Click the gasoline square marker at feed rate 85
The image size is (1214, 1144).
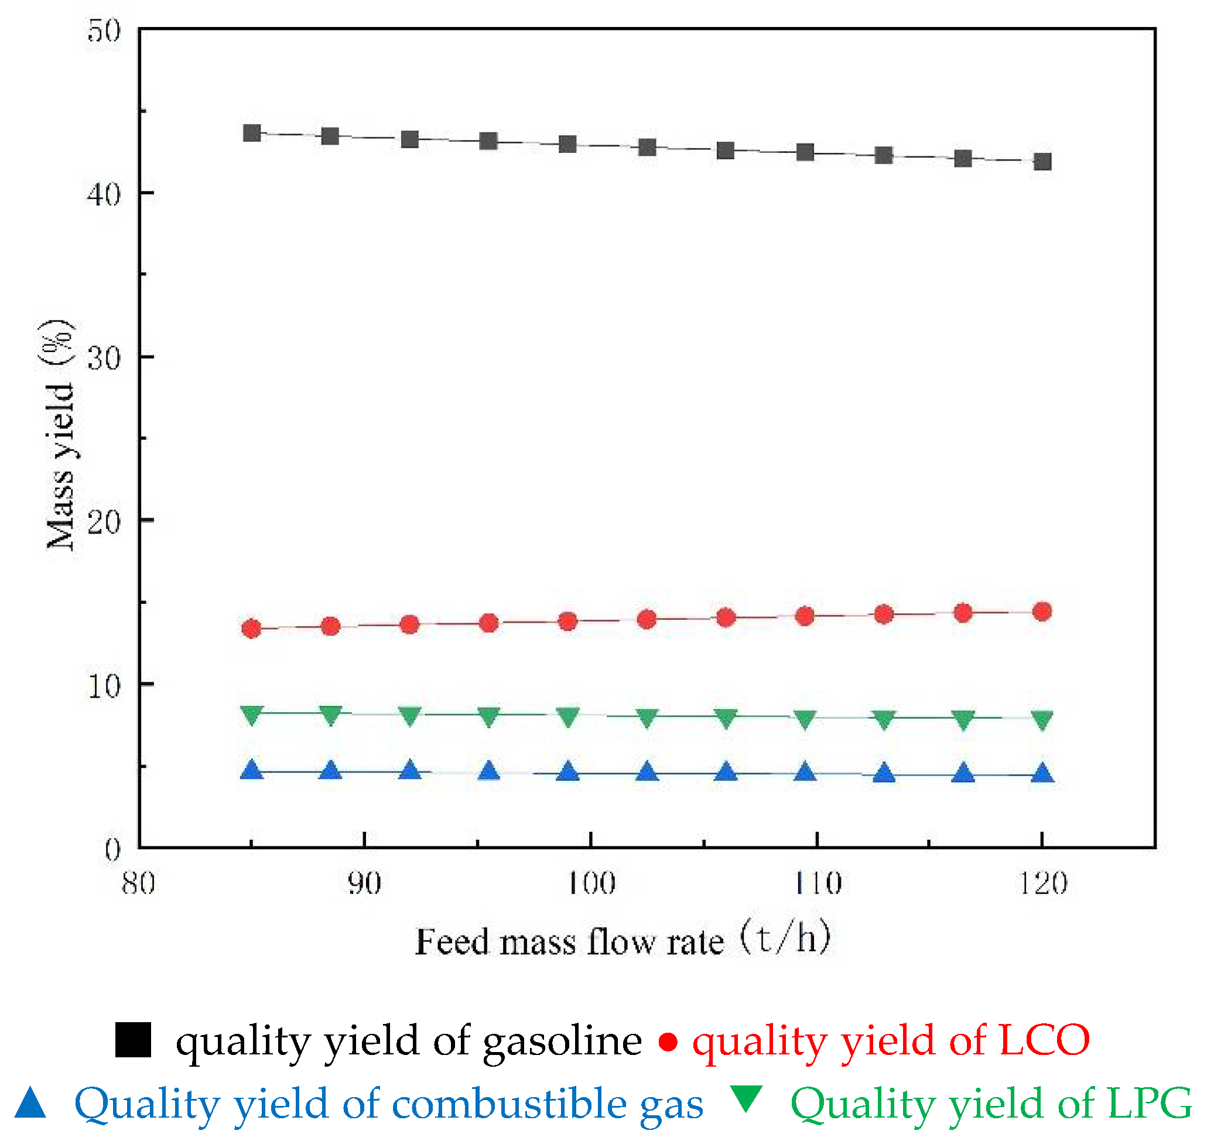coord(252,133)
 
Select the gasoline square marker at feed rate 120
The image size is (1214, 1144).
coord(1042,162)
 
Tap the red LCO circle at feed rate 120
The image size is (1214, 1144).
coord(1042,612)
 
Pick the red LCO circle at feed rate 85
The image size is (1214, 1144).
coord(252,629)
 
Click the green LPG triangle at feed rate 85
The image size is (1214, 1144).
coord(252,714)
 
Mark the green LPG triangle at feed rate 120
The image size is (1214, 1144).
coord(1042,719)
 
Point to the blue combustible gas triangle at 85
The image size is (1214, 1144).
coord(252,771)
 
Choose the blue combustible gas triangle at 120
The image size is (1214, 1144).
coord(1042,774)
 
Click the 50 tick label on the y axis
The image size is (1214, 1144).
coord(104,30)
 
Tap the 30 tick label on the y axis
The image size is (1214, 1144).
coord(104,358)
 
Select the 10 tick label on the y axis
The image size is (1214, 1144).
coord(104,685)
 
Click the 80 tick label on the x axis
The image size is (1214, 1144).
coord(139,883)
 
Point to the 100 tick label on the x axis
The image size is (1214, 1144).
coord(591,883)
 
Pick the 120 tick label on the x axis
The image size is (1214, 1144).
coord(1043,883)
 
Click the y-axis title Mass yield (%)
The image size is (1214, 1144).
coord(60,435)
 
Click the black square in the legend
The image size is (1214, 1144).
coord(133,1040)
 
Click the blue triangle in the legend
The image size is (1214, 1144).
coord(30,1103)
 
